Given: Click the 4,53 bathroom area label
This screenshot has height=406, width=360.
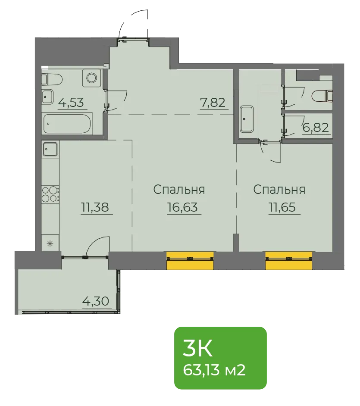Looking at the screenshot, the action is [x=71, y=103].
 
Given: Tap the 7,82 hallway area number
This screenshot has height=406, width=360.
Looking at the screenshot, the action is [x=213, y=103].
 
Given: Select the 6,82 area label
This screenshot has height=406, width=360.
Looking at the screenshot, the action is [x=316, y=128].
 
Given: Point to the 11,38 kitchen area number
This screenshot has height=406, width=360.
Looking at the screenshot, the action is [x=95, y=207].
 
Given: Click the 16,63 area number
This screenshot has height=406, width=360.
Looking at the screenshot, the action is [x=182, y=207].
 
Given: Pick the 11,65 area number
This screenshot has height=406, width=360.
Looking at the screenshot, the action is [x=282, y=207].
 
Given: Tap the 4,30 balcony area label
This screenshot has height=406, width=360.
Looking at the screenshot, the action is [x=96, y=301].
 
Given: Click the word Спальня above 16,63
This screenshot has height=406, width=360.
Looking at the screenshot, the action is [x=179, y=190].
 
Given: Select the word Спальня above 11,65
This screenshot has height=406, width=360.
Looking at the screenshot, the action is [x=279, y=190].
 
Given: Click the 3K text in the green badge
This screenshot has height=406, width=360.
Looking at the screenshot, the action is [x=197, y=348].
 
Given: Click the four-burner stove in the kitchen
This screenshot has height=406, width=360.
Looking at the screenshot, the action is [x=50, y=194].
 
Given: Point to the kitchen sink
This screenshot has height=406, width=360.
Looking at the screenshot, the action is [x=50, y=149].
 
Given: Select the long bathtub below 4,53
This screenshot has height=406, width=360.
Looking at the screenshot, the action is [x=67, y=124].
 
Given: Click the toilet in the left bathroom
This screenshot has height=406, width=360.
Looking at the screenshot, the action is [x=52, y=79].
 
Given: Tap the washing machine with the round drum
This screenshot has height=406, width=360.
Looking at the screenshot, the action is [x=92, y=78].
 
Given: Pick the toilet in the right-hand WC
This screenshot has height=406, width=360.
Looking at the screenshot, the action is [x=322, y=96].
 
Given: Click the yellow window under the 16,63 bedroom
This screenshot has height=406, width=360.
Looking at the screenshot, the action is [x=190, y=261].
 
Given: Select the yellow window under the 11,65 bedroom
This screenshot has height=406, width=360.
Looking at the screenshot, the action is [x=289, y=261].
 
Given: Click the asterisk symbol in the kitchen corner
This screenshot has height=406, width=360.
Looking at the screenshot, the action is [x=50, y=244].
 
